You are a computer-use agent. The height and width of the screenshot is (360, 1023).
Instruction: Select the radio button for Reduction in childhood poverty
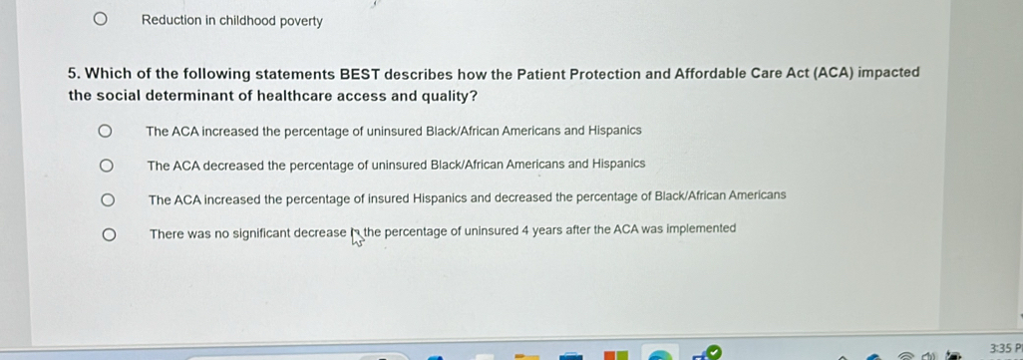(99, 20)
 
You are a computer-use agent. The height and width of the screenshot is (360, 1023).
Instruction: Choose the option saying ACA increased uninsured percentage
(104, 132)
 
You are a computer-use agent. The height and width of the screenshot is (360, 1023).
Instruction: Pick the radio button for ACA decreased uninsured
(106, 166)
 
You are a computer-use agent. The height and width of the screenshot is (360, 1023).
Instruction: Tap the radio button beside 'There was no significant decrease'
(110, 234)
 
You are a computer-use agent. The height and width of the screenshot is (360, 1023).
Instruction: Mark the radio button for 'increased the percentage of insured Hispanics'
(108, 199)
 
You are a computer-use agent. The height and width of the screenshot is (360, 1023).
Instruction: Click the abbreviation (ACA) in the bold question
(834, 73)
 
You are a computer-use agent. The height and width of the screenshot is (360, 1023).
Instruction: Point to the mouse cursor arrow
(356, 238)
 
